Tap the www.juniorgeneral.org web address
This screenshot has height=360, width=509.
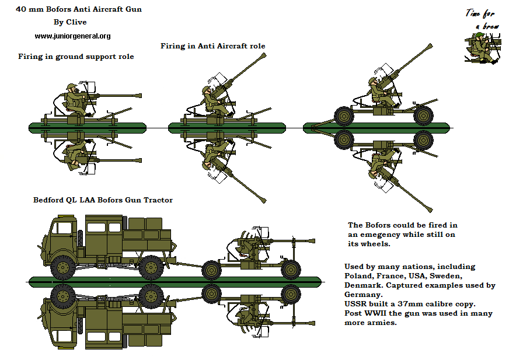72,36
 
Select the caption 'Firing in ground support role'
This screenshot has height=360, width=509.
76,57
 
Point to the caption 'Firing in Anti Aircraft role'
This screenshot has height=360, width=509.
213,46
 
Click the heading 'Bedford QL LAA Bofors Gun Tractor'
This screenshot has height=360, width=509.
103,200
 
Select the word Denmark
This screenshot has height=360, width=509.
363,285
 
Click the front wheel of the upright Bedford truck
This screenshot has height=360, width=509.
61,268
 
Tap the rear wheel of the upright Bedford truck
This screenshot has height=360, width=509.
151,268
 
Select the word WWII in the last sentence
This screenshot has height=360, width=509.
374,313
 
